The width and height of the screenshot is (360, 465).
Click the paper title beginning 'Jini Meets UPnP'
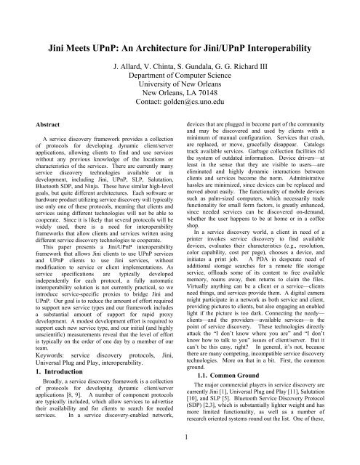pyautogui.click(x=180, y=31)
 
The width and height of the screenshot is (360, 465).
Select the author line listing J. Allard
pyautogui.click(x=180, y=64)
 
